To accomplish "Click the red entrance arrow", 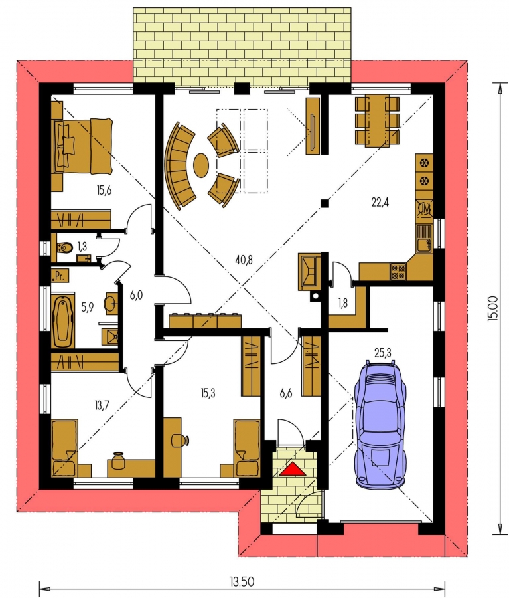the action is click(x=293, y=469).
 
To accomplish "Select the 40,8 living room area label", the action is click(x=244, y=261).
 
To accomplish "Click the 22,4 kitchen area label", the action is click(x=380, y=203).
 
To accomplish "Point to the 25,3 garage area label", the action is click(x=382, y=353).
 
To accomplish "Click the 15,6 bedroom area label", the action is click(x=104, y=190).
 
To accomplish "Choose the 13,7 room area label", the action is click(x=102, y=405).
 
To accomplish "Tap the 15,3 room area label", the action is click(x=208, y=393).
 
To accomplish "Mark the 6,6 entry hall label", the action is click(x=286, y=393).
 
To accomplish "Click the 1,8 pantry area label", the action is click(x=343, y=304).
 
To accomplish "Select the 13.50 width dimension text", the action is click(x=242, y=582).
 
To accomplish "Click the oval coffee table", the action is click(x=201, y=165).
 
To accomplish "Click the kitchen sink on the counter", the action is click(x=423, y=239).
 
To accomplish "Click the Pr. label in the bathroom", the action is click(x=59, y=276).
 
